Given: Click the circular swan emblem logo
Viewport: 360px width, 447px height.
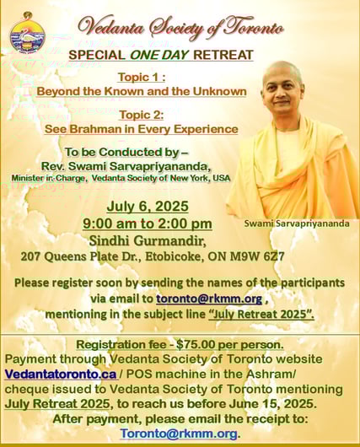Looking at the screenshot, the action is tap(27, 34).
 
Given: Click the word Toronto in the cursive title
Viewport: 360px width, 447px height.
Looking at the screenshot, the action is tap(254, 28).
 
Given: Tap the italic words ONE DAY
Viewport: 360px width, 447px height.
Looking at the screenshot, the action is tap(159, 55).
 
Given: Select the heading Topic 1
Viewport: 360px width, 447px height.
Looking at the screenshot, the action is tap(142, 78).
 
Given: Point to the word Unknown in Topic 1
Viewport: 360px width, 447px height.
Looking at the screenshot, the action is tap(219, 92).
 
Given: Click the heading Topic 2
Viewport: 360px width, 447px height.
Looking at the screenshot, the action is tap(142, 115).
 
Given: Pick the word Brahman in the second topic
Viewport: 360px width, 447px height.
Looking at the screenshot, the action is tap(95, 129).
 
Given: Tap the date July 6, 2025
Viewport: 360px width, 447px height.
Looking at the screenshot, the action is tap(148, 206).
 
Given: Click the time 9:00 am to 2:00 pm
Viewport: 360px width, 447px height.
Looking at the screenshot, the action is tap(148, 223).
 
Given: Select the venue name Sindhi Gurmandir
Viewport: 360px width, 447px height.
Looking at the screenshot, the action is tap(148, 241).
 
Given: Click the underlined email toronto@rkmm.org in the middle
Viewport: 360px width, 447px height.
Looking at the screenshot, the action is tap(209, 299).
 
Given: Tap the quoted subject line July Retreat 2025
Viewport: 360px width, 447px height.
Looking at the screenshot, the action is tap(261, 314).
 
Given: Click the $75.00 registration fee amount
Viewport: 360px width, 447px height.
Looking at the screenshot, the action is tap(195, 345).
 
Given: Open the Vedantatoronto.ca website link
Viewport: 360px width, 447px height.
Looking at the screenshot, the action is tap(61, 374).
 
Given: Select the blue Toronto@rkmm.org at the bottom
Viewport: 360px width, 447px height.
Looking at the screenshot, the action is tap(179, 434).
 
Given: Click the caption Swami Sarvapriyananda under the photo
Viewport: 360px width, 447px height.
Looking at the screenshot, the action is tap(297, 223).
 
